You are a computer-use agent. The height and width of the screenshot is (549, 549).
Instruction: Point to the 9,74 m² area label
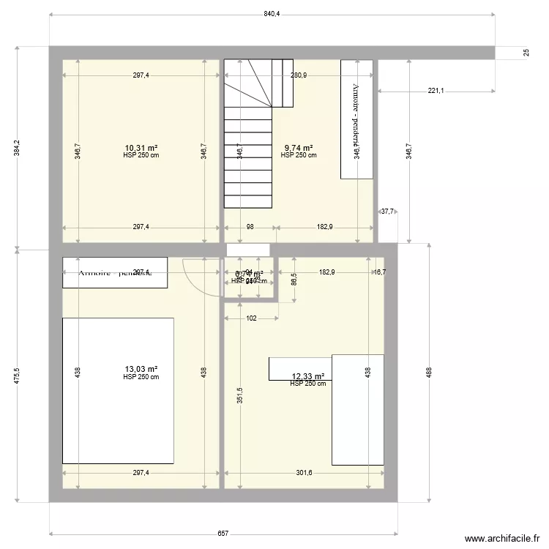pyautogui.click(x=299, y=148)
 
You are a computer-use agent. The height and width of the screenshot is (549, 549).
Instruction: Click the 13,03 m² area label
pyautogui.click(x=141, y=370)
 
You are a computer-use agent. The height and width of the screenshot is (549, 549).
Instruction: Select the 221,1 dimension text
pyautogui.click(x=436, y=91)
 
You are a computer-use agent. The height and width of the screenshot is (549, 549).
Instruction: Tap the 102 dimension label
pyautogui.click(x=251, y=318)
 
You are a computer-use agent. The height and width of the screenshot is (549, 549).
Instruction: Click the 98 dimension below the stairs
pyautogui.click(x=250, y=227)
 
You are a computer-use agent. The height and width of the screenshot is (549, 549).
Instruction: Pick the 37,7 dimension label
pyautogui.click(x=387, y=212)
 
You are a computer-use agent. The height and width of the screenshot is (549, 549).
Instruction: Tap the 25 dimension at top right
pyautogui.click(x=526, y=53)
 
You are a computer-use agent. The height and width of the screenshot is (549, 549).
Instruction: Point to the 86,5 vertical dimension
pyautogui.click(x=294, y=279)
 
